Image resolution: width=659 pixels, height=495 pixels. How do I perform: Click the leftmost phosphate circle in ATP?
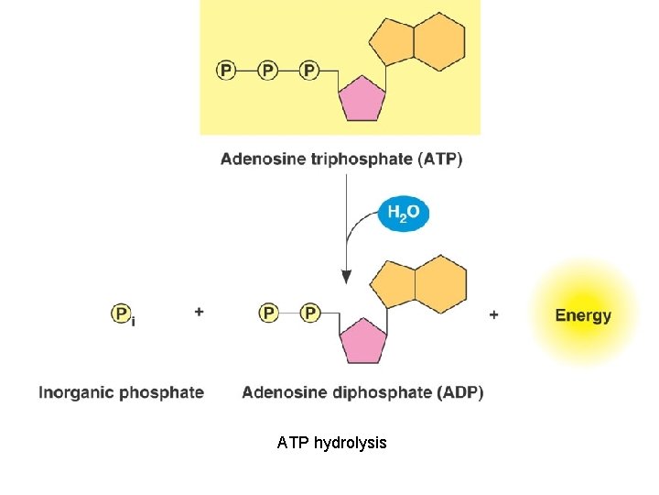pos(226,70)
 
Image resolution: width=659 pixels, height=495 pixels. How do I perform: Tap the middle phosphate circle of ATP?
pos(268,70)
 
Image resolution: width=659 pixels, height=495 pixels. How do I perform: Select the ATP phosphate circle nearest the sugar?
pos(309,70)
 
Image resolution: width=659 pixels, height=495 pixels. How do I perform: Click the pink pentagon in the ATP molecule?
pos(362,97)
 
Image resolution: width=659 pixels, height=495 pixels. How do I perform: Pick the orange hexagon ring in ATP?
pos(438,42)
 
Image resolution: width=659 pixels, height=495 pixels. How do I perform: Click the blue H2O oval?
pos(403,214)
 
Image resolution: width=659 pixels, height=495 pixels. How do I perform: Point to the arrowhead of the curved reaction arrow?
pos(346,275)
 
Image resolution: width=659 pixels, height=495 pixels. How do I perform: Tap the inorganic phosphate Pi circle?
pos(121,313)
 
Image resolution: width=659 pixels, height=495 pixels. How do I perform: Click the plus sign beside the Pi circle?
pos(199,312)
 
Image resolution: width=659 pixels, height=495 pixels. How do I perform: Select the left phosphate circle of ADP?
pos(268,313)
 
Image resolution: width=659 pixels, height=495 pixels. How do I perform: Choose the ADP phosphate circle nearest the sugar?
pos(310,313)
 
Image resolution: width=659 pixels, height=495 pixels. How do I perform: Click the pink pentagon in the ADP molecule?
pos(362,341)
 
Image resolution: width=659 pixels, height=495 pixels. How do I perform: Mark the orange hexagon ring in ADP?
pos(440,286)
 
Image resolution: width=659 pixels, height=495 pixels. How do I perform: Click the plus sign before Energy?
pos(494,314)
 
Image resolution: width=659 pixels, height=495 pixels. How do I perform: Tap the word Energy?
pos(583,315)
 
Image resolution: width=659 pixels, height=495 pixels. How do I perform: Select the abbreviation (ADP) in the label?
pos(461,392)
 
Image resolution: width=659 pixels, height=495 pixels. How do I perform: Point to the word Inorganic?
pos(77,392)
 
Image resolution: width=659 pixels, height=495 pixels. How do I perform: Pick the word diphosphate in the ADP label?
pos(371,392)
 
